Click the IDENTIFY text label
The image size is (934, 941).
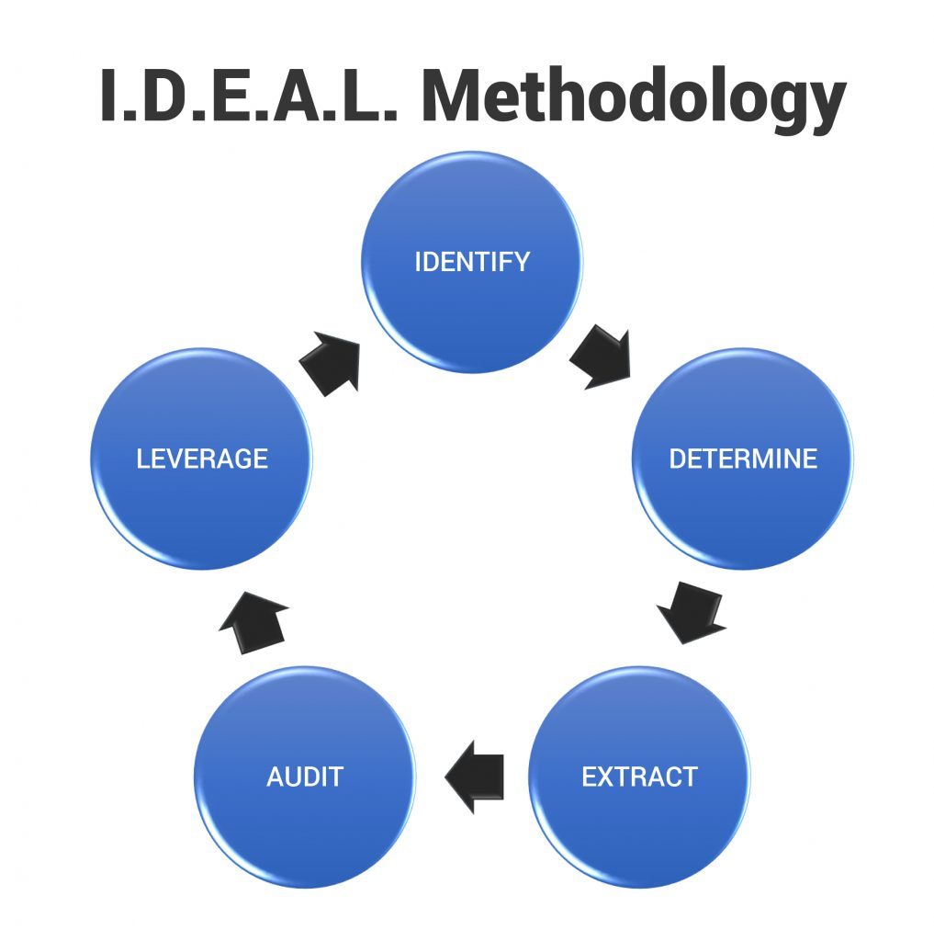pyautogui.click(x=472, y=262)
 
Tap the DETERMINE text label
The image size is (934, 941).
pyautogui.click(x=743, y=459)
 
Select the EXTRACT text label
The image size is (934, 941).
pyautogui.click(x=639, y=777)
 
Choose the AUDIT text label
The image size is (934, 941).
pyautogui.click(x=305, y=777)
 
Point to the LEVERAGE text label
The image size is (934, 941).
pyautogui.click(x=202, y=459)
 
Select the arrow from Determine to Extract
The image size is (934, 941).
pyautogui.click(x=692, y=612)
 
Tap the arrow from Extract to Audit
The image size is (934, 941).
pyautogui.click(x=475, y=777)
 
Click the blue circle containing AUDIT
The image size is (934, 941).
pyautogui.click(x=305, y=777)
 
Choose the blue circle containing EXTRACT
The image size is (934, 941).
pyautogui.click(x=639, y=777)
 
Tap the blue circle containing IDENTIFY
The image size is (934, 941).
pyautogui.click(x=472, y=262)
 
